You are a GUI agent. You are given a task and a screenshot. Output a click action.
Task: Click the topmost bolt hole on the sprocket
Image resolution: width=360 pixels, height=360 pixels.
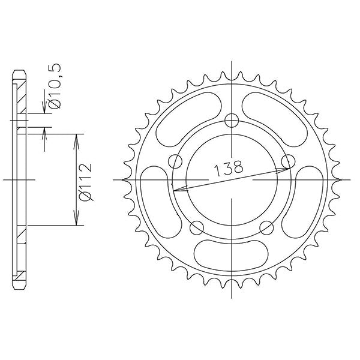tap(231, 121)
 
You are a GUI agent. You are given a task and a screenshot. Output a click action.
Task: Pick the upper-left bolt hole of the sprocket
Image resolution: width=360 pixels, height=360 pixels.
tap(176, 160)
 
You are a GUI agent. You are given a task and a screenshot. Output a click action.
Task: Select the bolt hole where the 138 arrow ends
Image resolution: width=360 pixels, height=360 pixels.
tap(289, 161)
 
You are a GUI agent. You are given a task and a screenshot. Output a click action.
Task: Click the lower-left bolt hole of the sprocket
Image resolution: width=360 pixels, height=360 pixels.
tap(196, 227)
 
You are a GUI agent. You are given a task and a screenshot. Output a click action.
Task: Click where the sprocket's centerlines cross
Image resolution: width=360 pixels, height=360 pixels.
tap(231, 179)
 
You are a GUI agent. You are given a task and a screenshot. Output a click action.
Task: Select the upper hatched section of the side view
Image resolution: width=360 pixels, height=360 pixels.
tap(21, 96)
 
